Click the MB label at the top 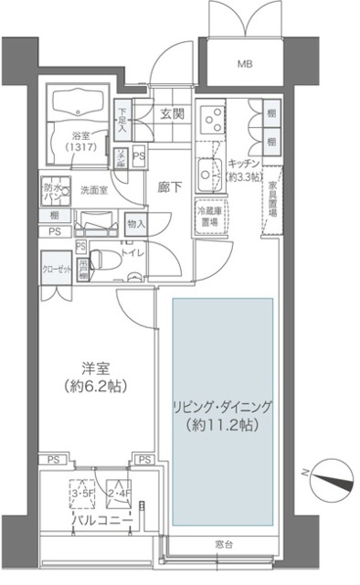click(245, 65)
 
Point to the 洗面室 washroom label click(93, 192)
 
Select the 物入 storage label click(136, 223)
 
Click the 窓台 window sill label click(225, 546)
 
